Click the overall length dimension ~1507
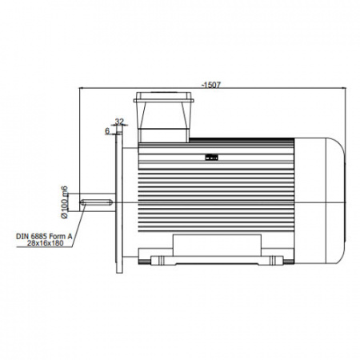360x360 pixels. click(x=211, y=85)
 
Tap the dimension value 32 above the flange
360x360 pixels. click(x=119, y=122)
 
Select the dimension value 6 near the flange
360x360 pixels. click(x=107, y=131)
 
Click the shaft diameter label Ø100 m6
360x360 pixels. click(x=65, y=202)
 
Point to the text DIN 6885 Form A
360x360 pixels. click(x=44, y=236)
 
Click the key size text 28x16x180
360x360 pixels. click(x=46, y=243)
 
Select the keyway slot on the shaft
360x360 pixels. click(x=96, y=202)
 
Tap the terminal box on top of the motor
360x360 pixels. click(x=164, y=118)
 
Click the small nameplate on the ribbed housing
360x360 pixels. click(x=211, y=158)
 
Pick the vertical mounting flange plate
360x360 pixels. click(x=119, y=202)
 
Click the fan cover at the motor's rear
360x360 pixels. click(x=319, y=201)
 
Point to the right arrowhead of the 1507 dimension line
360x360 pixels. click(x=343, y=88)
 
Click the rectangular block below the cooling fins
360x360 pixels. click(x=217, y=245)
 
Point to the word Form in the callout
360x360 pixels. click(x=57, y=236)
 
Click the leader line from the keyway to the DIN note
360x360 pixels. click(x=78, y=226)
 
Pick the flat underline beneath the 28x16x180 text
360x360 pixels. click(x=44, y=247)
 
